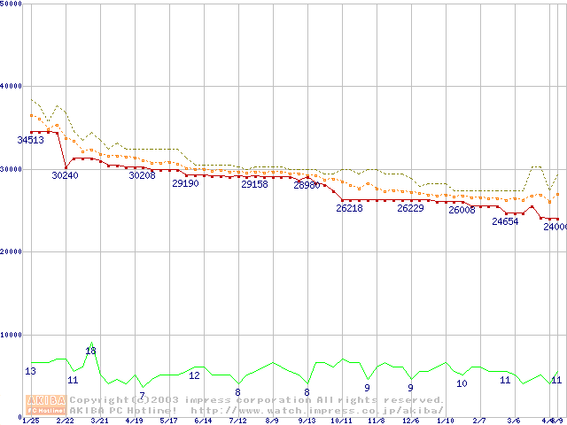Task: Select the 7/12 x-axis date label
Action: (x=237, y=421)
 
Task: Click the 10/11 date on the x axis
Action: (x=341, y=421)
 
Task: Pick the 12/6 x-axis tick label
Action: (x=411, y=421)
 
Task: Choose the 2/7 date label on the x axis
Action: (x=479, y=421)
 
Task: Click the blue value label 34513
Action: (x=31, y=140)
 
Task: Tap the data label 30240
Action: (x=65, y=175)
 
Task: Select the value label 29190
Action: (x=185, y=183)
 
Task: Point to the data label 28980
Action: (x=307, y=185)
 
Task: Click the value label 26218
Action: (x=349, y=208)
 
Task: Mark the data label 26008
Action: (x=462, y=210)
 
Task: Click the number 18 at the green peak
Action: (x=90, y=351)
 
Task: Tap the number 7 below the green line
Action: (x=142, y=395)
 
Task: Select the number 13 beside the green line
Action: (x=31, y=371)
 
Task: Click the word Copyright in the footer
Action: (x=97, y=400)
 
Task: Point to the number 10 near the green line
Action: (x=462, y=383)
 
